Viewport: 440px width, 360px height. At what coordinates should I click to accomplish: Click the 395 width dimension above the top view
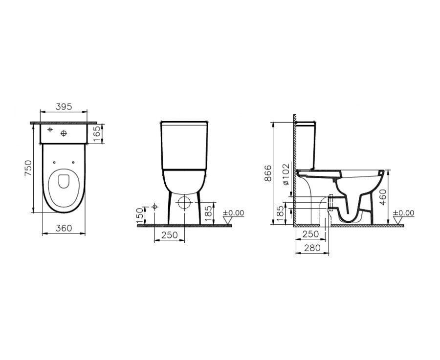pos(64,106)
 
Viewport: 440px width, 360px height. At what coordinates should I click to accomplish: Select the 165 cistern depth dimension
pos(97,134)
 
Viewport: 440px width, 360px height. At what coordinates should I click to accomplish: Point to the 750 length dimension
pos(28,168)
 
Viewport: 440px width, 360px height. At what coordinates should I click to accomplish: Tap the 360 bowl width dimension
pos(64,228)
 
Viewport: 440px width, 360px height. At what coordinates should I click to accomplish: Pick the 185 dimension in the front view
pos(208,213)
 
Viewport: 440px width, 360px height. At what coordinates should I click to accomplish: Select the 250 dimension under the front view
pos(170,235)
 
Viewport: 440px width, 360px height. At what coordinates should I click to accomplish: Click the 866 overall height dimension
pos(268,173)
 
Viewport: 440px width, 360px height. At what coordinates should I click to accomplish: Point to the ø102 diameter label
pos(286,175)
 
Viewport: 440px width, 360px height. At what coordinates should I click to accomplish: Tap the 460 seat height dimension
pos(383,197)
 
